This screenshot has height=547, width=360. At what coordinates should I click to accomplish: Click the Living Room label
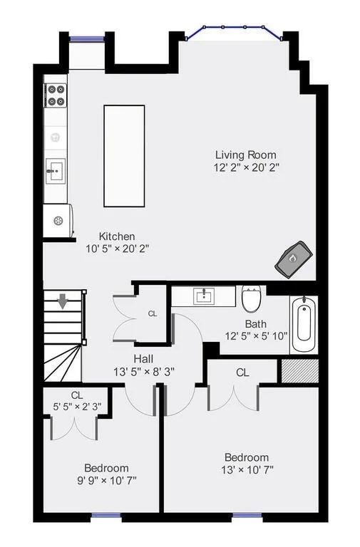click(245, 155)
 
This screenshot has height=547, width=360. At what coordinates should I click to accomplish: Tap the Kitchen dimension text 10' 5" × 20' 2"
click(118, 249)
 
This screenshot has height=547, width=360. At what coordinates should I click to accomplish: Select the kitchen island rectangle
click(124, 156)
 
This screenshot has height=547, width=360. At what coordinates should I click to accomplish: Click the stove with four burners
click(56, 95)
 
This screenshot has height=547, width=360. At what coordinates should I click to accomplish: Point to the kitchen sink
click(56, 171)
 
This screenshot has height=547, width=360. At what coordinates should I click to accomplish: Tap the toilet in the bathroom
click(252, 299)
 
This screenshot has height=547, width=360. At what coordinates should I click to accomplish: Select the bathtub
click(304, 324)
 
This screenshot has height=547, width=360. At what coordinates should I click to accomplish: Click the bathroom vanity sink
click(205, 296)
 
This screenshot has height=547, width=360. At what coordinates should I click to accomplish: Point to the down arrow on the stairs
click(63, 301)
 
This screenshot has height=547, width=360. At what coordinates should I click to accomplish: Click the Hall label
click(143, 359)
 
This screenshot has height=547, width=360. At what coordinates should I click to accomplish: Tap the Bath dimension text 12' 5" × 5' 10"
click(257, 336)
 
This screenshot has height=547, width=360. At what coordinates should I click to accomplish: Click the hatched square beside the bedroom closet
click(300, 371)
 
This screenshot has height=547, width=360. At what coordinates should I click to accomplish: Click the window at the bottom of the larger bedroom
click(247, 515)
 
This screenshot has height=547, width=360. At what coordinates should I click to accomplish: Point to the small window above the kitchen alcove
click(87, 38)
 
